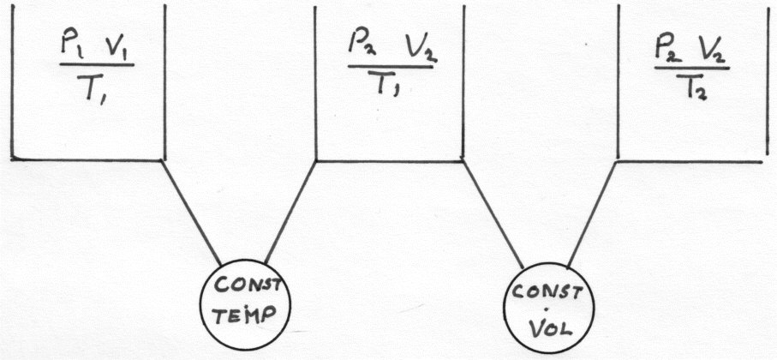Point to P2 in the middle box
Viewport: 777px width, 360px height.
click(x=360, y=44)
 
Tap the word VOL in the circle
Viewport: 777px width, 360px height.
click(x=547, y=327)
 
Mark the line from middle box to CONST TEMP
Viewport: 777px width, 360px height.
click(x=290, y=209)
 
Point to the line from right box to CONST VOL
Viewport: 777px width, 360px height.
click(x=591, y=211)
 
